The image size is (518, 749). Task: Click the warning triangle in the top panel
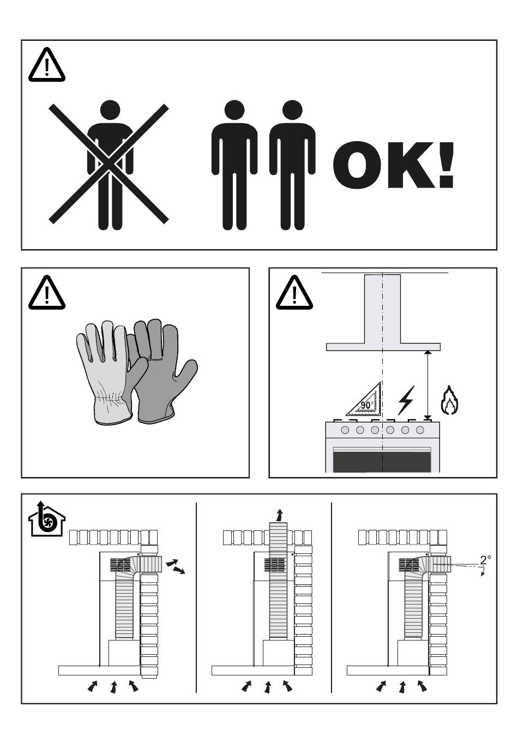(46, 65)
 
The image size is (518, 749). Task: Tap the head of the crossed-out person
(110, 110)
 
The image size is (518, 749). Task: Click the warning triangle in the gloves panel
(46, 293)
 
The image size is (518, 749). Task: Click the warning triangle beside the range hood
(294, 293)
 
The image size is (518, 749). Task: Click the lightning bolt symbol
(406, 400)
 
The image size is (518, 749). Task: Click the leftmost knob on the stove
(345, 430)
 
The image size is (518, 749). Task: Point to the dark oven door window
(382, 461)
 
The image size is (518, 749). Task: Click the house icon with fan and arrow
(46, 519)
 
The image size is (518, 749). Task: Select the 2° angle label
(486, 560)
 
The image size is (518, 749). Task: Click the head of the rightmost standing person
(292, 110)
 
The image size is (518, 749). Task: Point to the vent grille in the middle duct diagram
(274, 565)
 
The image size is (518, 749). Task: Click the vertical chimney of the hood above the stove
(382, 309)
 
